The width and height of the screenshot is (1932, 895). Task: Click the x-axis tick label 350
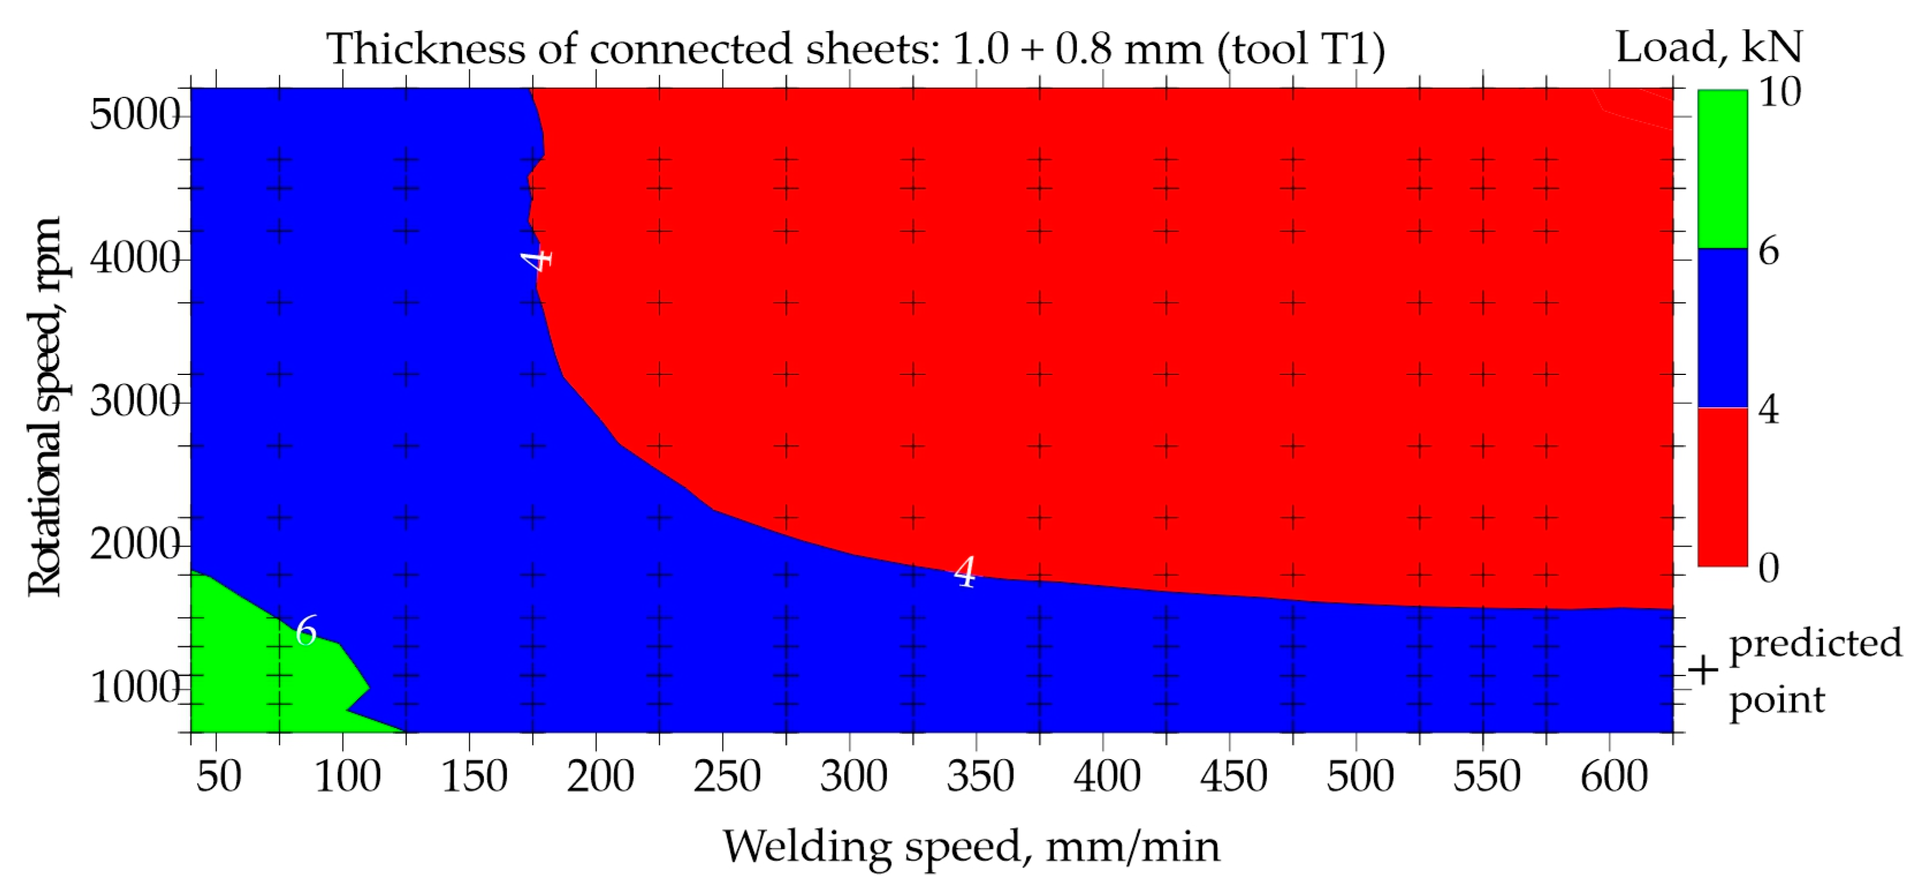click(x=979, y=776)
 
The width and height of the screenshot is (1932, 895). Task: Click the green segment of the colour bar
click(x=1722, y=169)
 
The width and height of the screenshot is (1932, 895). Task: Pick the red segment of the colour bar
click(x=1722, y=486)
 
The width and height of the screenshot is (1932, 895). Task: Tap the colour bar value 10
click(x=1779, y=92)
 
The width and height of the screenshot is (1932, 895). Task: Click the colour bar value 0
click(x=1769, y=568)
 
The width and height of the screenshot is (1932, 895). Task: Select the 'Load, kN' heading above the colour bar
click(x=1709, y=47)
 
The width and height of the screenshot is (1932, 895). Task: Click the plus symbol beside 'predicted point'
click(x=1703, y=670)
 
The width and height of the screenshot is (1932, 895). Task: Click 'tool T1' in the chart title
click(x=1300, y=50)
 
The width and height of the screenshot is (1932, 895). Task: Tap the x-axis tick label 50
click(x=218, y=776)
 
